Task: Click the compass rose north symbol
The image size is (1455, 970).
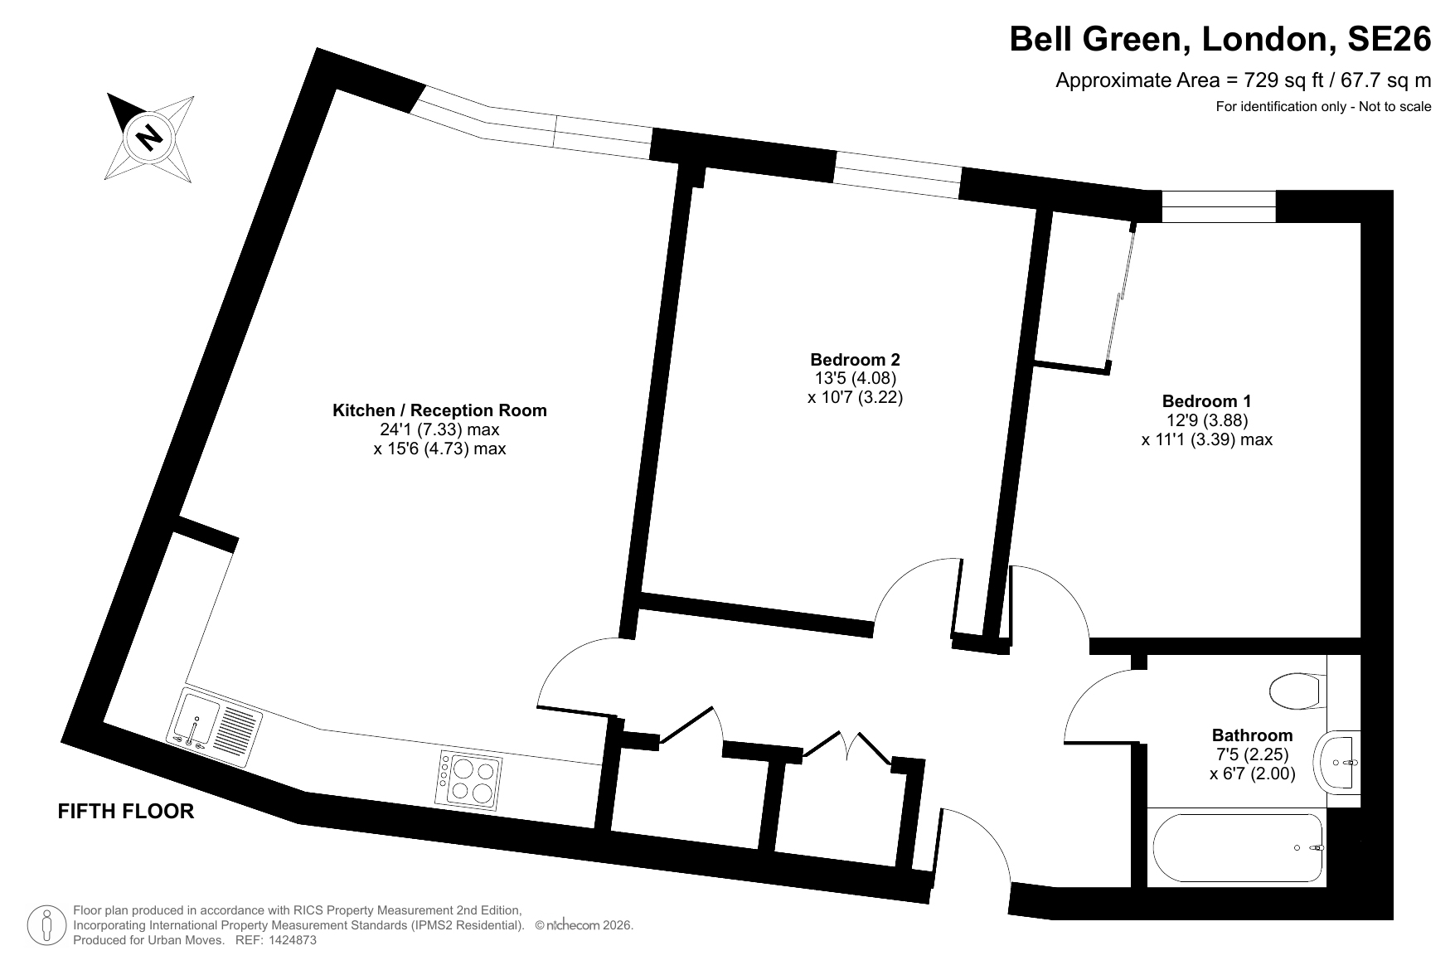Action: (150, 137)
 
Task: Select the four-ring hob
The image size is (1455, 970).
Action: (469, 779)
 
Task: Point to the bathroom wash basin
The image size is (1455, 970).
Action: (1337, 761)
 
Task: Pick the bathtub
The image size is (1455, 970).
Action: (1237, 848)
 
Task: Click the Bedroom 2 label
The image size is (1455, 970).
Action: (855, 360)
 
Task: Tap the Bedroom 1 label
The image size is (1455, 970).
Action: (1206, 401)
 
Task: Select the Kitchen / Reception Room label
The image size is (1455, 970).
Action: (439, 410)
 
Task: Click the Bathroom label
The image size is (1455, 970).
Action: (1252, 735)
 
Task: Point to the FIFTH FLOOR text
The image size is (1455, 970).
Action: (126, 811)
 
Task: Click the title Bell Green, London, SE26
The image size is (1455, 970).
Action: (1220, 39)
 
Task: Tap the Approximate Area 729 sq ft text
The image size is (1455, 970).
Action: (1244, 80)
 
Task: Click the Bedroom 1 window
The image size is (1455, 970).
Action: (1219, 206)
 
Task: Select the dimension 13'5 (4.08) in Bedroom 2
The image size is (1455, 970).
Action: (855, 378)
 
